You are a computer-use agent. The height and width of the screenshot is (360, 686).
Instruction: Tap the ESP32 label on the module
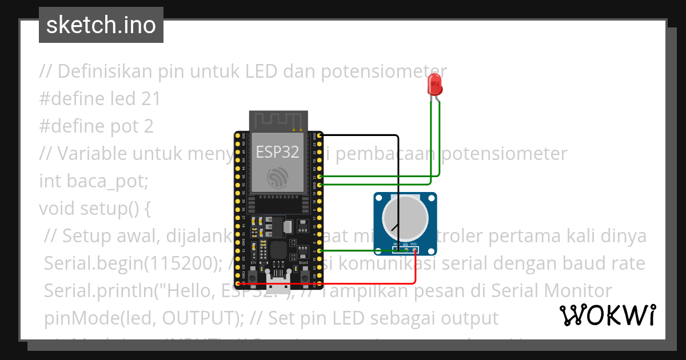277,152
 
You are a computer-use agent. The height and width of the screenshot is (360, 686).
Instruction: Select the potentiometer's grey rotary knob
405,219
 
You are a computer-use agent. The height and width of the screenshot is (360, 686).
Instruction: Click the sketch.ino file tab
101,25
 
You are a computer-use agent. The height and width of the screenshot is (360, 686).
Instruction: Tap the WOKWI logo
607,315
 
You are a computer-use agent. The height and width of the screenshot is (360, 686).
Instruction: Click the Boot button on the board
304,270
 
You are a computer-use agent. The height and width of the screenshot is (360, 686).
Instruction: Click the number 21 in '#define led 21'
150,99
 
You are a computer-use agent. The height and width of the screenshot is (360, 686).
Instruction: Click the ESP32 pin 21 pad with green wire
319,177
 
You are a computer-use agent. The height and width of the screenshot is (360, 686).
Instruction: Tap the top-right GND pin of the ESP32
319,135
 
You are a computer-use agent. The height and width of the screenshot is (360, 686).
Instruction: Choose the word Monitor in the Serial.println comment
577,290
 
